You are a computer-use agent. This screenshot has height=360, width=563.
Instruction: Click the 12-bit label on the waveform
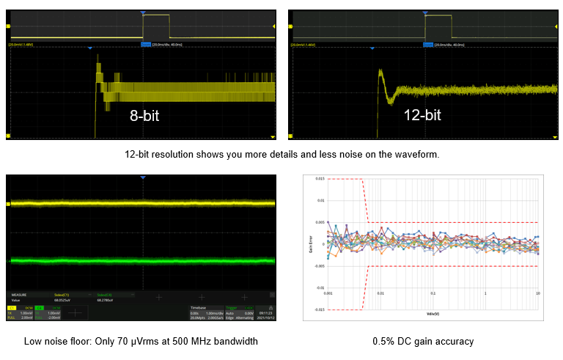[x=422, y=115]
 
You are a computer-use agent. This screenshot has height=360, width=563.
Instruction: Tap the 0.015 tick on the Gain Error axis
[x=320, y=178]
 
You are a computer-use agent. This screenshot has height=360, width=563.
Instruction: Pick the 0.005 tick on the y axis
[x=320, y=222]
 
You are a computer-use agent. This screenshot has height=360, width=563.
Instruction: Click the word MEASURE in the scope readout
[x=18, y=295]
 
